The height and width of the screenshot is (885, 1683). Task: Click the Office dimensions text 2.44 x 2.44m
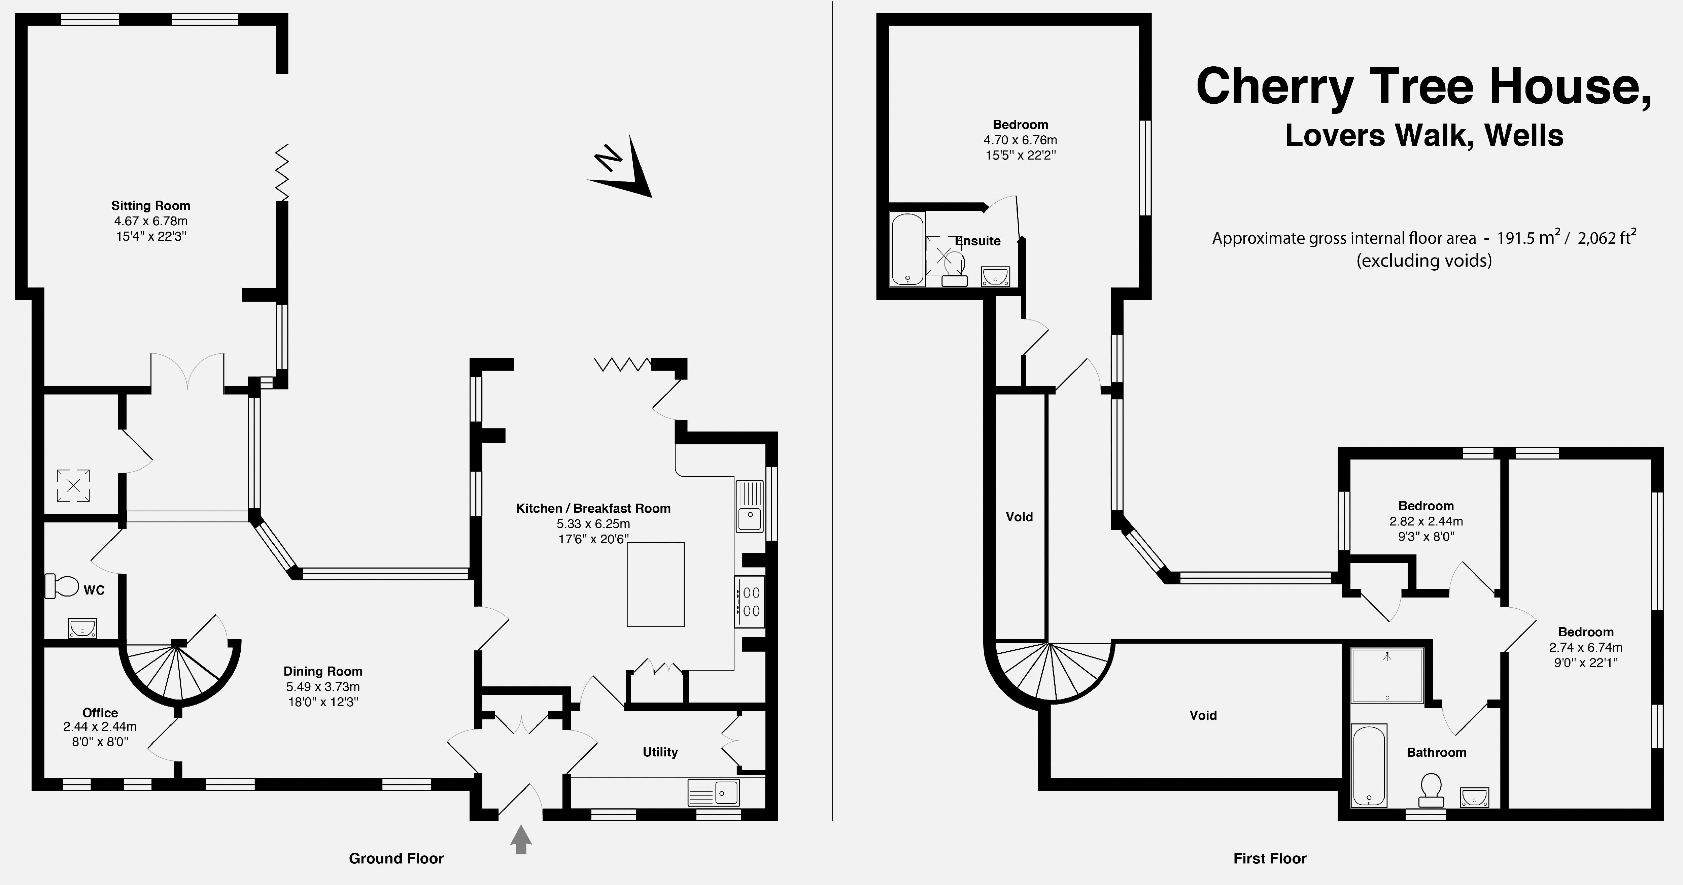click(x=100, y=726)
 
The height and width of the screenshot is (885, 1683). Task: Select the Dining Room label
click(x=323, y=671)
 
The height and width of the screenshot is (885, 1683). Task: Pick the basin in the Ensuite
click(x=995, y=276)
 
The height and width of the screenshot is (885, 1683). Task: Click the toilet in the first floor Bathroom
click(x=1431, y=790)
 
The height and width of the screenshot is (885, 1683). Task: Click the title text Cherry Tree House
click(x=1423, y=87)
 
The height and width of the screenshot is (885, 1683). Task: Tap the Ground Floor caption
click(x=396, y=858)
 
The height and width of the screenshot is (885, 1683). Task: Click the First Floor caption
click(x=1269, y=858)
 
